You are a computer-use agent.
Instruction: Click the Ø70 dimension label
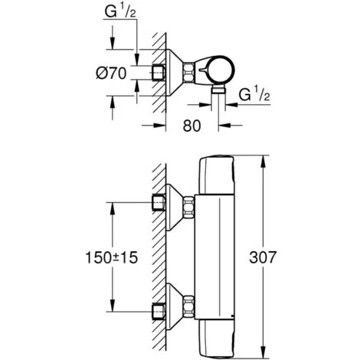tap(111, 74)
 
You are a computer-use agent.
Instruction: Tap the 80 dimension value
tap(191, 126)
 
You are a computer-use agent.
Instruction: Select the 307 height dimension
tap(263, 257)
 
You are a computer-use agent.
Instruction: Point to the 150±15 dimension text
tap(111, 257)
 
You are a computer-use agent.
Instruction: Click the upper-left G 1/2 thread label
tap(120, 11)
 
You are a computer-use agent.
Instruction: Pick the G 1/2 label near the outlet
tap(254, 95)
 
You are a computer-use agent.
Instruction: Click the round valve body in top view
tap(221, 70)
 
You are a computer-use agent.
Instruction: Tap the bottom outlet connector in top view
tap(219, 90)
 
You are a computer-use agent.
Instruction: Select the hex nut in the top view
tap(189, 73)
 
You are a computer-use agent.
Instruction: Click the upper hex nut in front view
tap(189, 206)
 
